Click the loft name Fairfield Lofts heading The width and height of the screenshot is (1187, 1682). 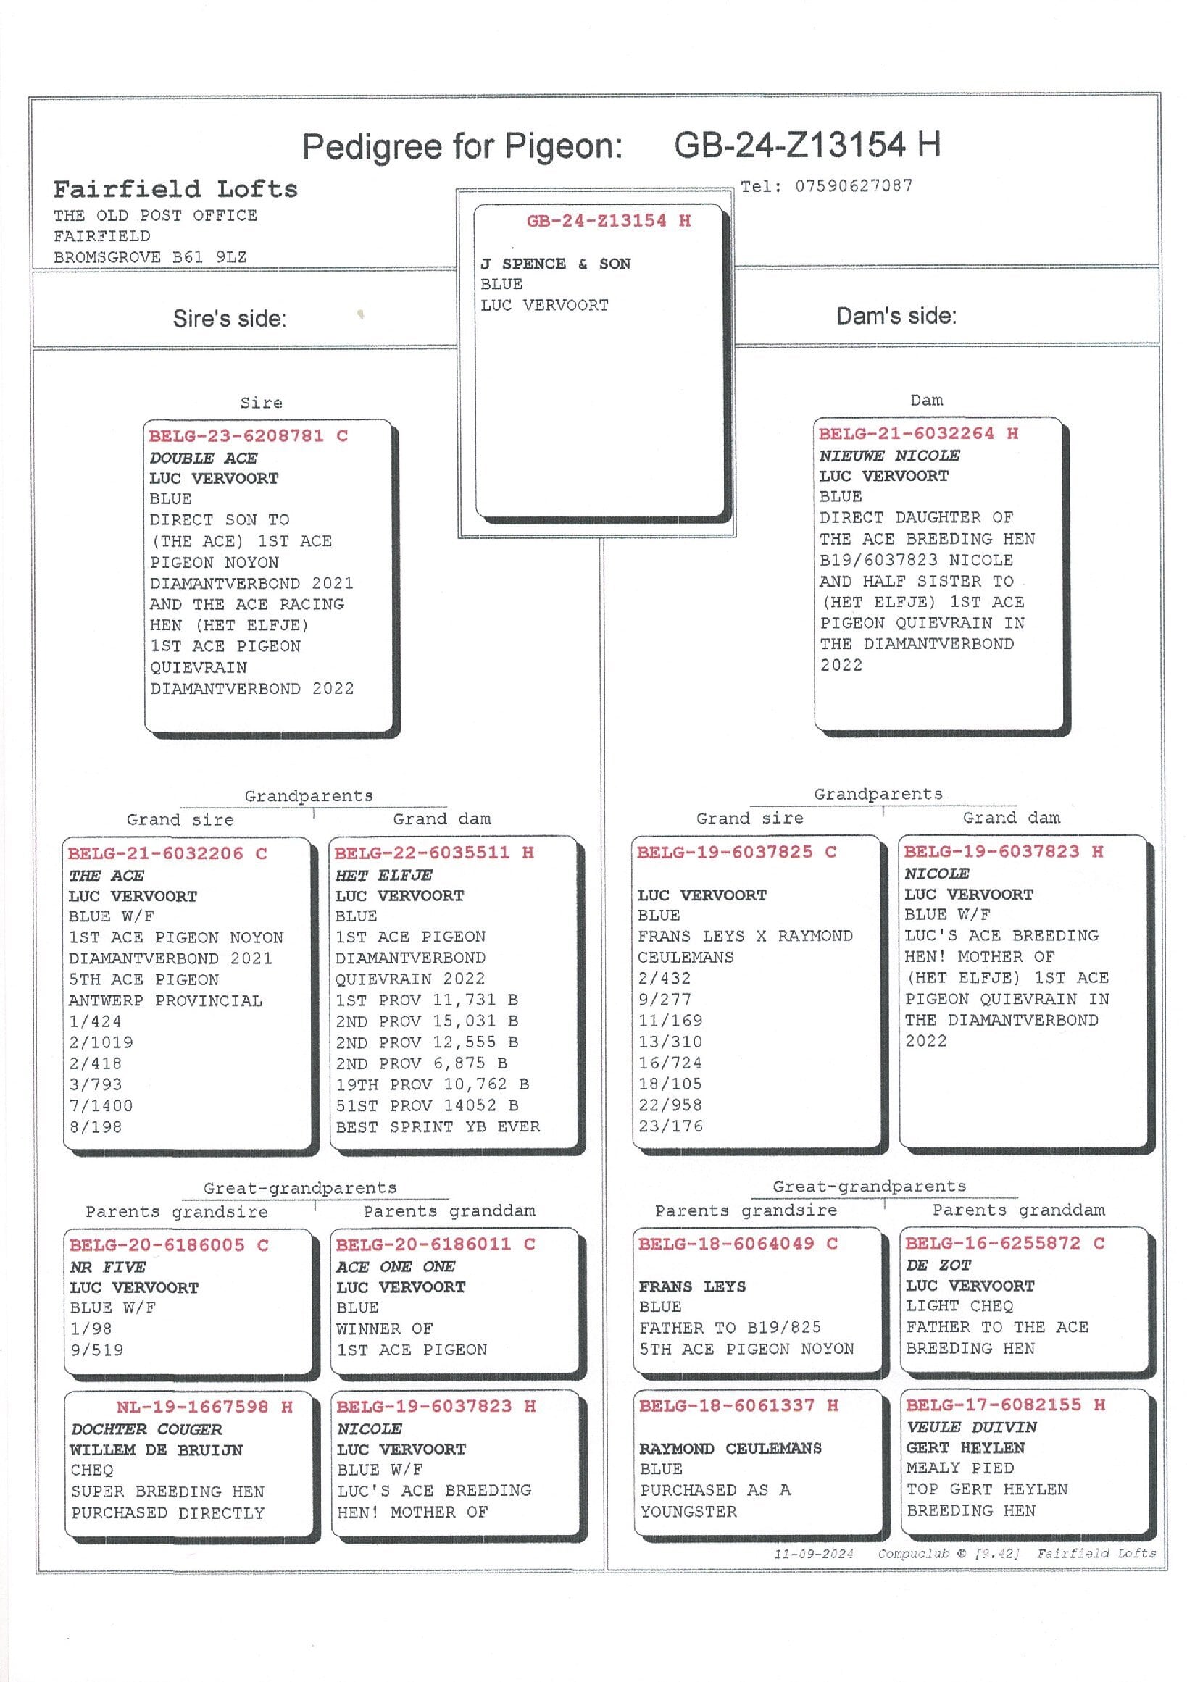pyautogui.click(x=175, y=189)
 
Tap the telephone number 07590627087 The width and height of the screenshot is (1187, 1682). pyautogui.click(x=854, y=186)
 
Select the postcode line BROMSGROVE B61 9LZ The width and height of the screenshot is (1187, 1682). pyautogui.click(x=150, y=257)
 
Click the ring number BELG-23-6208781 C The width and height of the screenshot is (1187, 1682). pyautogui.click(x=249, y=436)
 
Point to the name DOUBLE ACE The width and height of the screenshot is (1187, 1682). pyautogui.click(x=203, y=458)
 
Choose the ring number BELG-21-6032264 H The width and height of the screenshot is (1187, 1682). pyautogui.click(x=918, y=434)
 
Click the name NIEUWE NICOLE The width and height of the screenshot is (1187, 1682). pyautogui.click(x=888, y=455)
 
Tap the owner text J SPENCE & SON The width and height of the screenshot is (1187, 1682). pyautogui.click(x=555, y=264)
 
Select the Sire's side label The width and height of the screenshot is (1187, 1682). pyautogui.click(x=229, y=319)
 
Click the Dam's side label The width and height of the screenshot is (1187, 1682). pyautogui.click(x=896, y=317)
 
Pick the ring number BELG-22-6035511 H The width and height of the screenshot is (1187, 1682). pyautogui.click(x=435, y=853)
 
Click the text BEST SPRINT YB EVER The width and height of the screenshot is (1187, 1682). pyautogui.click(x=438, y=1126)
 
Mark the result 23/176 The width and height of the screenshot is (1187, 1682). pyautogui.click(x=670, y=1126)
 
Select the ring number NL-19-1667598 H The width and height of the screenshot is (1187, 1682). pyautogui.click(x=204, y=1407)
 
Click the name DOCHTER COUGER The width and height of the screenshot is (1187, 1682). pyautogui.click(x=146, y=1429)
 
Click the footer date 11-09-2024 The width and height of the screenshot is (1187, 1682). pyautogui.click(x=813, y=1554)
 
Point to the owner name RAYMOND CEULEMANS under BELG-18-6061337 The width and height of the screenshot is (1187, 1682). pyautogui.click(x=730, y=1448)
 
